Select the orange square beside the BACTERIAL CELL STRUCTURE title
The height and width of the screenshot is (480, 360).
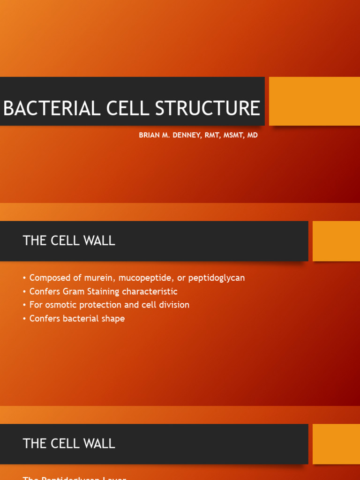pos(314,101)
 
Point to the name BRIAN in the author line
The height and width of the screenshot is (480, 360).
pos(149,135)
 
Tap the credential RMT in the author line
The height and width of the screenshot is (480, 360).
pos(212,135)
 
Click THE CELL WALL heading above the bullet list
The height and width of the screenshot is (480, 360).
pos(69,241)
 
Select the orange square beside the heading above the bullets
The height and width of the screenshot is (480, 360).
pos(336,241)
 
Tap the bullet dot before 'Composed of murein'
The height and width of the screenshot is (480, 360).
pos(24,278)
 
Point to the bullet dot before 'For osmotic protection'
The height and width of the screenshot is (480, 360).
pos(24,305)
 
